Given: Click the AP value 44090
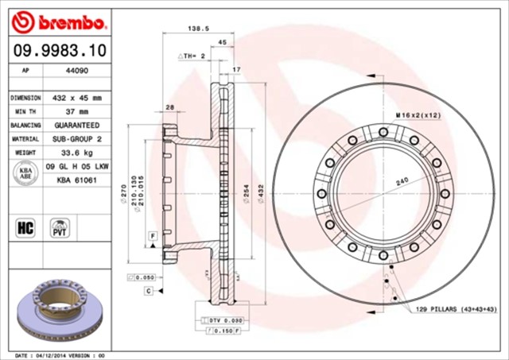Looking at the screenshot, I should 76,70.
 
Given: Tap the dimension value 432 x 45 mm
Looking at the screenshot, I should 76,98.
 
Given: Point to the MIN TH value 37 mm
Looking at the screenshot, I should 76,111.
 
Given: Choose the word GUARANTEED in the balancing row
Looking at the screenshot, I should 76,126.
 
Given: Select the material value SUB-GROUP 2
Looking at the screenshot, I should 76,139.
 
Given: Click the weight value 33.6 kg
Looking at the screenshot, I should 76,153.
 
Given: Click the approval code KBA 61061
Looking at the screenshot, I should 76,180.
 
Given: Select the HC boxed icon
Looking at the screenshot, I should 25,227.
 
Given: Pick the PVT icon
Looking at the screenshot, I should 58,227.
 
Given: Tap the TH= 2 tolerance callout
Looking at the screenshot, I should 192,57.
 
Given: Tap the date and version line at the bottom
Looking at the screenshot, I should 60,354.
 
